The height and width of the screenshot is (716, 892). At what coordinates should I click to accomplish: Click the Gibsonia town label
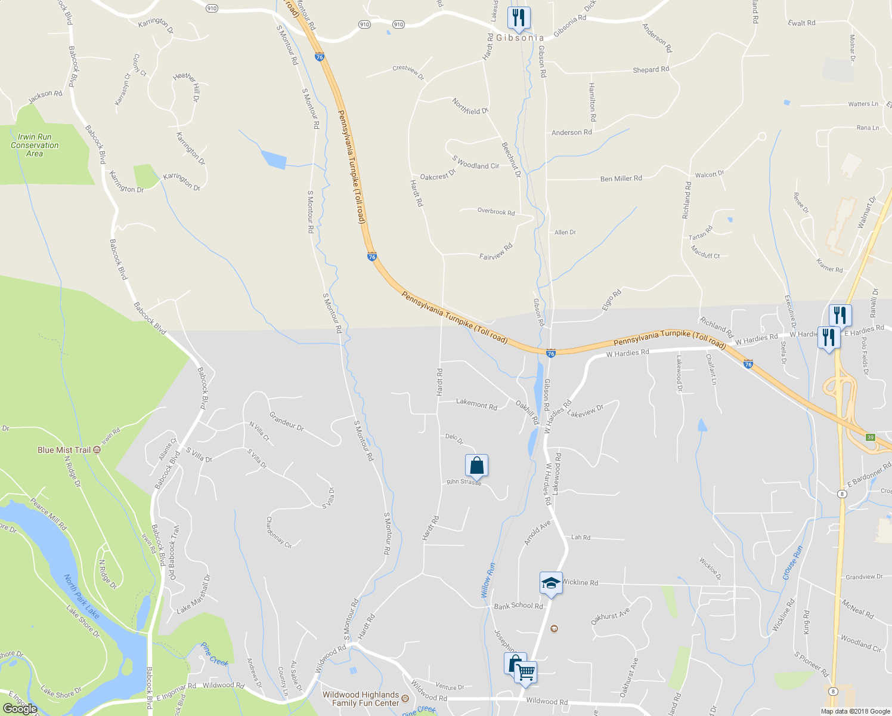(x=520, y=38)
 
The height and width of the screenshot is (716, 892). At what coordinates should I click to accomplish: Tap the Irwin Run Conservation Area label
(x=35, y=145)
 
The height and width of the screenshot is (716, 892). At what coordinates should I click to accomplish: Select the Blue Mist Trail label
(x=64, y=450)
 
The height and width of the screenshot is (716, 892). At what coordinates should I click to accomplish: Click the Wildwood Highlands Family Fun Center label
(x=361, y=699)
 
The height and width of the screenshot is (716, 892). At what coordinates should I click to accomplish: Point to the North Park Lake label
(x=82, y=596)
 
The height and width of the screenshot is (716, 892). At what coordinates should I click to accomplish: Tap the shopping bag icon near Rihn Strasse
(x=476, y=465)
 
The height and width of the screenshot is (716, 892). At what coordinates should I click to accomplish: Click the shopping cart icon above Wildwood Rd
(x=525, y=672)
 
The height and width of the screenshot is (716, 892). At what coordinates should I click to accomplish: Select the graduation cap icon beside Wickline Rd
(x=551, y=583)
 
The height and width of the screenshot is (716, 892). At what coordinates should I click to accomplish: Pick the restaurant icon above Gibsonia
(x=519, y=18)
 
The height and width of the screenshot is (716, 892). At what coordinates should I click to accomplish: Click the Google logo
(x=20, y=708)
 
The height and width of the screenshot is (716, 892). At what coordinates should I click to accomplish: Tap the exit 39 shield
(x=871, y=437)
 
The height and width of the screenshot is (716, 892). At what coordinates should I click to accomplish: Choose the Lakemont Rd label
(x=476, y=404)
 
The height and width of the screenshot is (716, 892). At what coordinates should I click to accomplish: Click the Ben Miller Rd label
(x=621, y=178)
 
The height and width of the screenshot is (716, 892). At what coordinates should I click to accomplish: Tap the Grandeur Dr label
(x=286, y=421)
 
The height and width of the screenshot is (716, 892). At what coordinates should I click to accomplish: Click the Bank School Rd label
(x=518, y=606)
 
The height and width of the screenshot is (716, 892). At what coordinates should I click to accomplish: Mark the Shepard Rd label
(x=651, y=70)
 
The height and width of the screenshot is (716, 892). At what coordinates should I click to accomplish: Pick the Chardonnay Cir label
(x=278, y=532)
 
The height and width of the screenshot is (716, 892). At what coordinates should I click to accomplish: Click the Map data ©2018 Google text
(x=855, y=711)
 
